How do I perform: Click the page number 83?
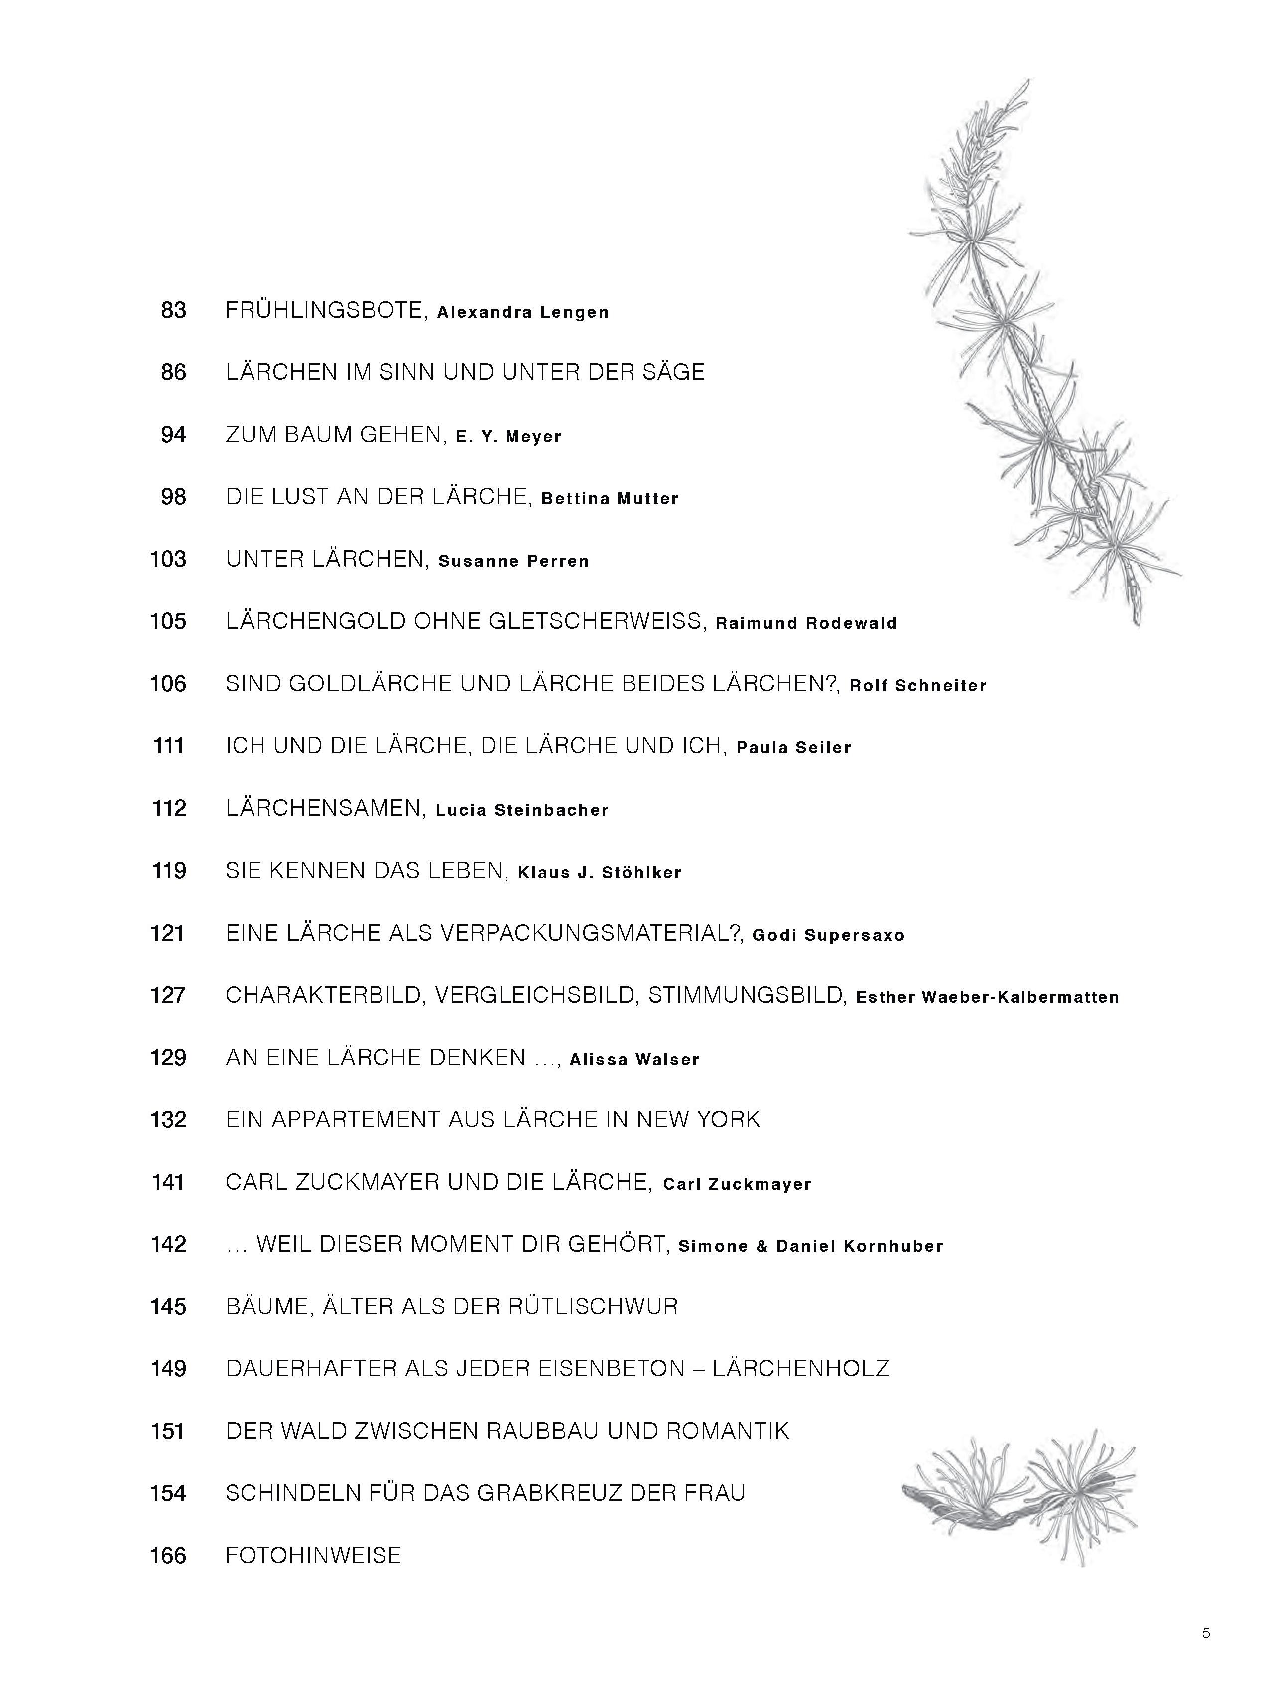173,311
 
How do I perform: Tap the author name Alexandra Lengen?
523,312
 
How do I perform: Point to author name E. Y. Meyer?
508,437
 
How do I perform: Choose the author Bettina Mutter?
610,499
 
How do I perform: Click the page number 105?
168,622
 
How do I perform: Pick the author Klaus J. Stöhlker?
599,872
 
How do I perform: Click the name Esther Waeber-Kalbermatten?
987,997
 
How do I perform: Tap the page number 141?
168,1182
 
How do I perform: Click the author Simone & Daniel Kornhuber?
811,1246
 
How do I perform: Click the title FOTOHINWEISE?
313,1555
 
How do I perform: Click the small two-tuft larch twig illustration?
1020,1493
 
